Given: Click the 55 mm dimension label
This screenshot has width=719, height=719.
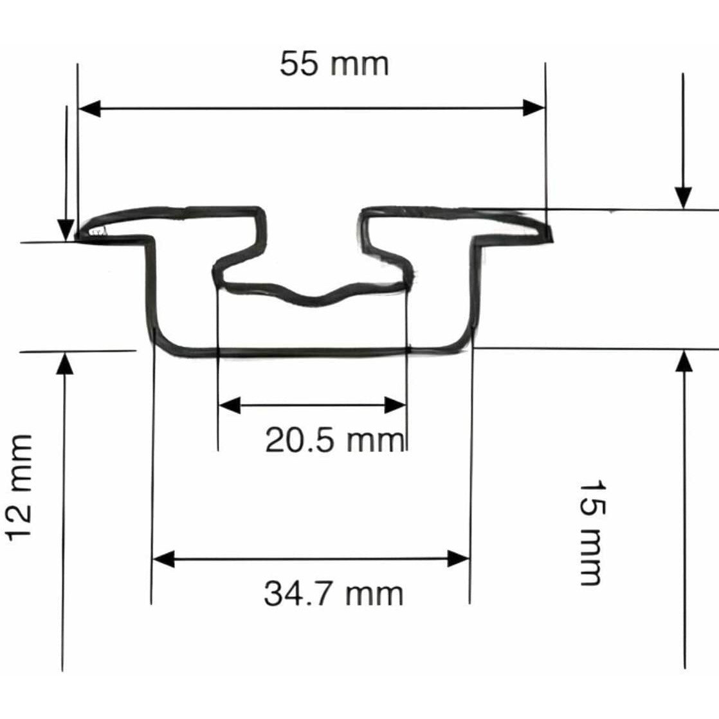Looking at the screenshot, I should coord(334,64).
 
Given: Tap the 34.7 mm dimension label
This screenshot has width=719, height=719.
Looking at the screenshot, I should coord(333,594).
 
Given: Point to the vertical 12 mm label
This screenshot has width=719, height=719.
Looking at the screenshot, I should coord(19,487).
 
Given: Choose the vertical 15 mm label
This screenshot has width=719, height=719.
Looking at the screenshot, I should coord(590,532).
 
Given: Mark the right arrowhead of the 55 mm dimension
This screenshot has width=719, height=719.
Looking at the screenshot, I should coord(533,108).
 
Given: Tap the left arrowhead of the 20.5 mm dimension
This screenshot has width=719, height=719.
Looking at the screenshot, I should coord(229,405).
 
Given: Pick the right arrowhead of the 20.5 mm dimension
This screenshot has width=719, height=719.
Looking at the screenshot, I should coord(396,405).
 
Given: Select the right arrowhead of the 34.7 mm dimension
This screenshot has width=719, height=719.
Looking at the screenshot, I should coord(459,558).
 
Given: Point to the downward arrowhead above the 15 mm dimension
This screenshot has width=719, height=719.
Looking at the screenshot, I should coord(683,197).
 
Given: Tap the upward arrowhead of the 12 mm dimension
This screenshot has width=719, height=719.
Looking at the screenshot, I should coord(64,364).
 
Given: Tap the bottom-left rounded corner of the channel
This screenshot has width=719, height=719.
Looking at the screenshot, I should coord(163,344).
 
